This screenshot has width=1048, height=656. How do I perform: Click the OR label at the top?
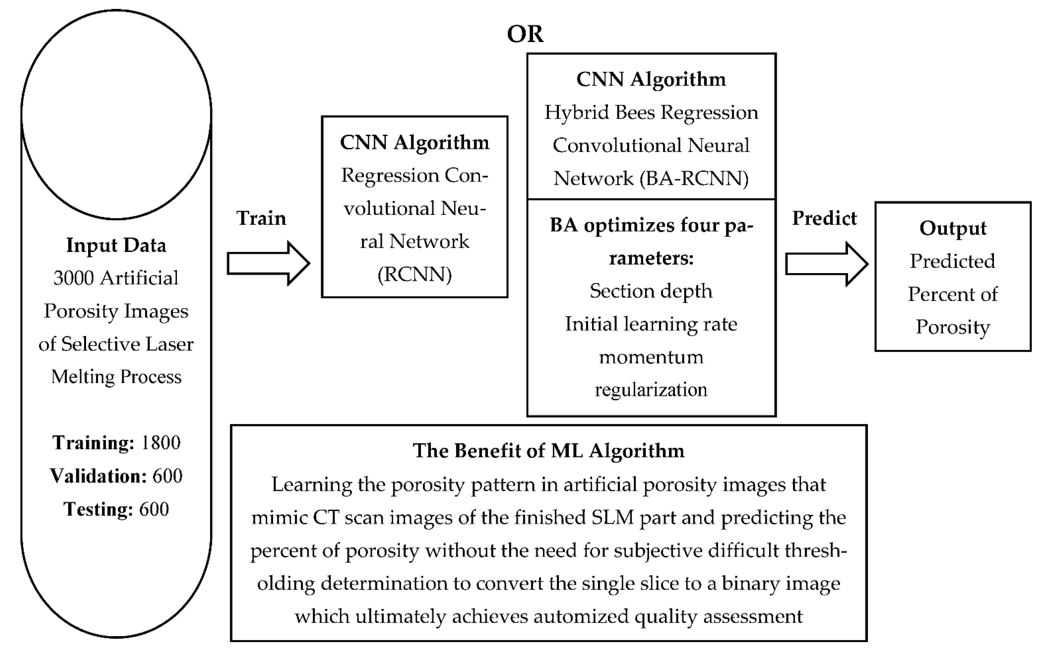click(x=525, y=34)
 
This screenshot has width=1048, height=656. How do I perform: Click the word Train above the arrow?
click(x=261, y=218)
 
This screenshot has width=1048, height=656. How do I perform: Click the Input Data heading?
click(x=116, y=245)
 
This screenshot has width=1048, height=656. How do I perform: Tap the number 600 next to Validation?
click(x=167, y=476)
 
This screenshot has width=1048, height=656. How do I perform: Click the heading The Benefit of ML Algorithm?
click(x=548, y=451)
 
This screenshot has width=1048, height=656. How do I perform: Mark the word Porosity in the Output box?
click(x=952, y=327)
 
